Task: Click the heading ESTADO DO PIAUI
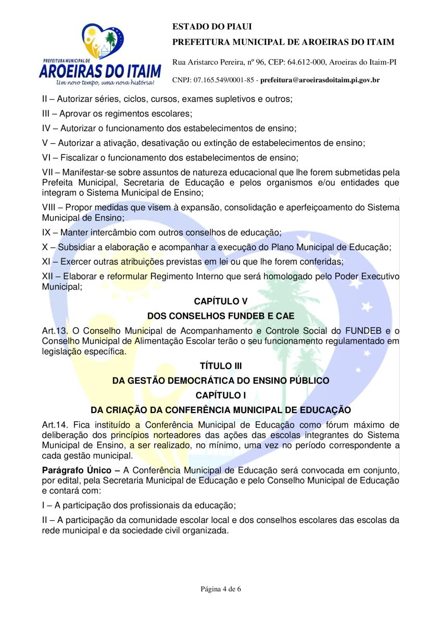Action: (x=204, y=27)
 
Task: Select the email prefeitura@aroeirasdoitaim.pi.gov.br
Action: (x=320, y=80)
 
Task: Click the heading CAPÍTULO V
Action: (x=221, y=301)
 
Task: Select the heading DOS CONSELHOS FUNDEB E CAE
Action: (x=221, y=316)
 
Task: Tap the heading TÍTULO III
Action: (x=221, y=366)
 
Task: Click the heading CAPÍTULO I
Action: (x=221, y=396)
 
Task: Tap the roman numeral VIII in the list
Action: (x=50, y=207)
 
